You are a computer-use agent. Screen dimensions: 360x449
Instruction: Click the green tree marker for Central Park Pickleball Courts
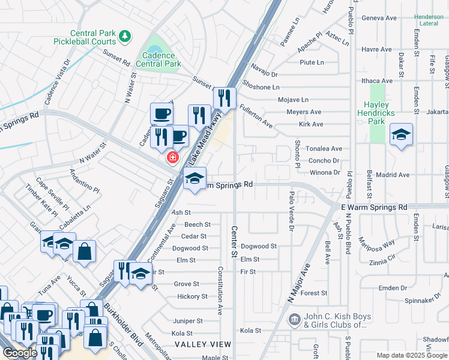(x=125, y=37)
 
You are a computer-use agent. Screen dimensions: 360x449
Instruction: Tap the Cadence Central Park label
(x=158, y=59)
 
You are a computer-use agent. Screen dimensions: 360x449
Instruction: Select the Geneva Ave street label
(x=379, y=18)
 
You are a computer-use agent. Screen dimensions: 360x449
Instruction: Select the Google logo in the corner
(x=20, y=353)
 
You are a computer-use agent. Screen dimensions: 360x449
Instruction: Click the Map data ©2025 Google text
(x=412, y=355)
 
